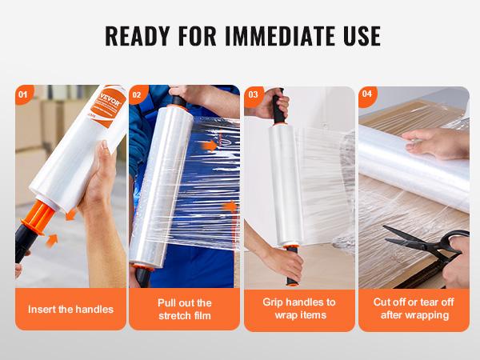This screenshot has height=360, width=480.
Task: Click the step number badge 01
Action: [x=22, y=94]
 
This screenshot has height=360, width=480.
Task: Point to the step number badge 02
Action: [x=137, y=94]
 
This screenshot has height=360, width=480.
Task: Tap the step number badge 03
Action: [x=253, y=94]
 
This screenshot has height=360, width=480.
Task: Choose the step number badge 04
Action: [x=367, y=94]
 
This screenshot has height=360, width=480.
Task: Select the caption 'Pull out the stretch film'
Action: [x=184, y=309]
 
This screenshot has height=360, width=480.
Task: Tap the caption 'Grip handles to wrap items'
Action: [x=299, y=309]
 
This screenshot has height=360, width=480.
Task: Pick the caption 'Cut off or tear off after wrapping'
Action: [x=414, y=309]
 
